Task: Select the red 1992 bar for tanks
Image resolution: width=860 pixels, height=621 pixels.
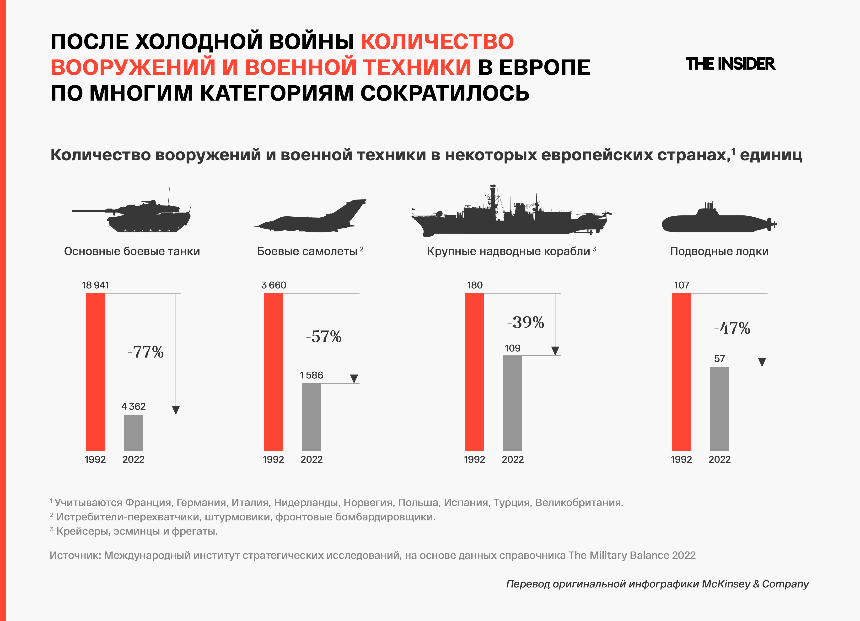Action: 95,372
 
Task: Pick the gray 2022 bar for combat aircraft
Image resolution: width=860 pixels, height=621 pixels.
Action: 311,417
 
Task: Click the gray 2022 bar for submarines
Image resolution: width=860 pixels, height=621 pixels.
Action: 719,409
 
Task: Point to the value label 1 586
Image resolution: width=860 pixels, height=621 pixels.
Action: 311,375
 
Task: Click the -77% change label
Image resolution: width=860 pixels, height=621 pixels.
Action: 146,352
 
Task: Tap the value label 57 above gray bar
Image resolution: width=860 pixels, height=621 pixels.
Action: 719,359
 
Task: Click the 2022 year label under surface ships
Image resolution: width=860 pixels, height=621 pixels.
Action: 513,460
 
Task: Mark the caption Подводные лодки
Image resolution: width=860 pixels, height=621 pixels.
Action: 719,251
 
